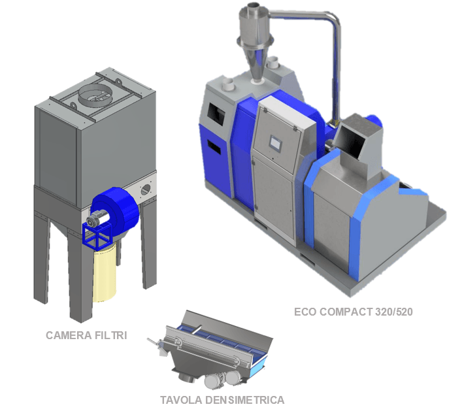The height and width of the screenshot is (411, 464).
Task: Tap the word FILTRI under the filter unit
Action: [x=111, y=335]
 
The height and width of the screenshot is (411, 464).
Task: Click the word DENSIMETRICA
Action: [x=244, y=400]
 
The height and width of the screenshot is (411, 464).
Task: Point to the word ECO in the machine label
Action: [x=305, y=312]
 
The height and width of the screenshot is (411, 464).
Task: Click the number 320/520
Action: [x=394, y=312]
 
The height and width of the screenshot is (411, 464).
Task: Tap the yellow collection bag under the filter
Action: [x=105, y=272]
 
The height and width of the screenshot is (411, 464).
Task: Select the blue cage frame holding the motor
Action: [x=97, y=235]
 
